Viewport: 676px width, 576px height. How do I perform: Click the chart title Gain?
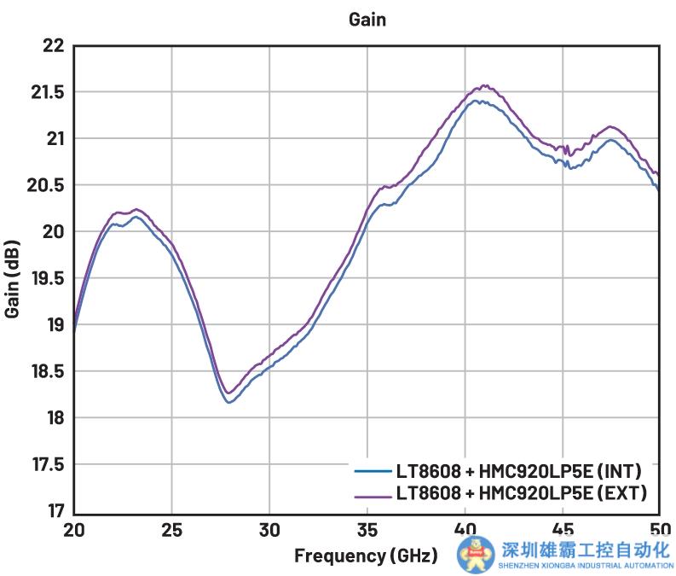click(367, 19)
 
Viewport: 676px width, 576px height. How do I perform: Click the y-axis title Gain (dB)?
click(13, 278)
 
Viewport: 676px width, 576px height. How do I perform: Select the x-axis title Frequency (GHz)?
click(366, 556)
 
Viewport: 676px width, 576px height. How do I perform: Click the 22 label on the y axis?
click(54, 46)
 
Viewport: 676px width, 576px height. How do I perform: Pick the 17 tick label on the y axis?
click(55, 511)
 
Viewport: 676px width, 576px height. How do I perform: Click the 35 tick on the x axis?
click(367, 528)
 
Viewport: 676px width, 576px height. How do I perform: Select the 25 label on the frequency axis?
click(172, 528)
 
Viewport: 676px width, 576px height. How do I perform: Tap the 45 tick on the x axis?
click(563, 528)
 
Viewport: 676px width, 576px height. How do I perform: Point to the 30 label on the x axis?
click(269, 528)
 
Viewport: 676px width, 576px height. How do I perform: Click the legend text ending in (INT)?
click(517, 471)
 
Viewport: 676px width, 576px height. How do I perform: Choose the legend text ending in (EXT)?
click(517, 492)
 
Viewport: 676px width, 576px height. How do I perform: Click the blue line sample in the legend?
click(372, 471)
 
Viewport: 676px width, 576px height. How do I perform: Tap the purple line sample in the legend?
click(372, 492)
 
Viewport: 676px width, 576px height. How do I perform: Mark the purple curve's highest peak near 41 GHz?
click(485, 85)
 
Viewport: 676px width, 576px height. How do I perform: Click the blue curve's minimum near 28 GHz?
click(229, 402)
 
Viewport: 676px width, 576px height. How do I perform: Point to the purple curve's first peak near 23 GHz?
click(136, 209)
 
